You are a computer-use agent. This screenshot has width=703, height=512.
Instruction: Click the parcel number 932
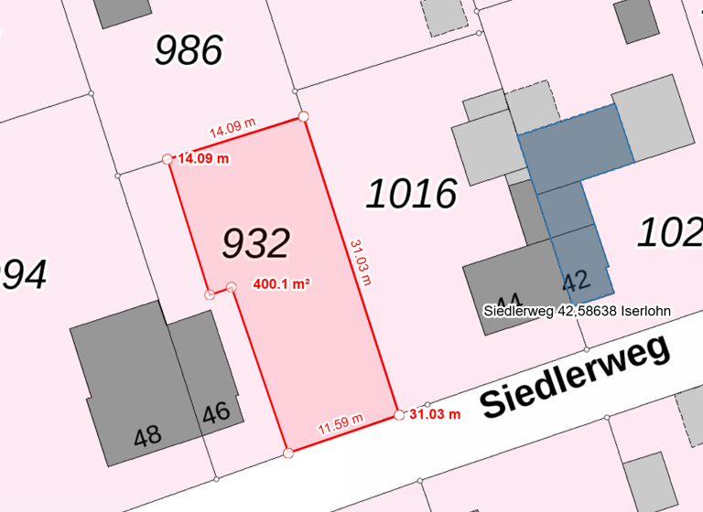pyautogui.click(x=256, y=243)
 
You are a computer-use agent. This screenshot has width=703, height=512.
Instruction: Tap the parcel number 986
pyautogui.click(x=189, y=50)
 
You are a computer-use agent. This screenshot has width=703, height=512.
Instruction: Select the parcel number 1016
pyautogui.click(x=412, y=194)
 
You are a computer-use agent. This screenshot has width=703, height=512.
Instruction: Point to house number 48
pyautogui.click(x=147, y=437)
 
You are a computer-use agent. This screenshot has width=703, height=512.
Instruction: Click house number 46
pyautogui.click(x=216, y=413)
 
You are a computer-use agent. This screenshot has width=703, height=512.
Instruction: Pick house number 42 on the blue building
pyautogui.click(x=575, y=281)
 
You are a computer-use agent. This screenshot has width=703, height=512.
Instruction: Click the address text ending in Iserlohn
pyautogui.click(x=577, y=311)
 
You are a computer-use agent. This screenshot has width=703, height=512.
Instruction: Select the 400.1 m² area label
pyautogui.click(x=281, y=284)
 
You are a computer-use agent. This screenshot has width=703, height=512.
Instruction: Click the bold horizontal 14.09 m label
pyautogui.click(x=203, y=158)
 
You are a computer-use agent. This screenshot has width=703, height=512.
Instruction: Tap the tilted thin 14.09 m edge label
pyautogui.click(x=233, y=129)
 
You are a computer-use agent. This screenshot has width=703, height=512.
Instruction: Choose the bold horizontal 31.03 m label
pyautogui.click(x=434, y=414)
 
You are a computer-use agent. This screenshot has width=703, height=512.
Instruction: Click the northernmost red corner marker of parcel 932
pyautogui.click(x=303, y=116)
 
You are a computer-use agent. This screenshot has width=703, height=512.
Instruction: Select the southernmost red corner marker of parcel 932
pyautogui.click(x=288, y=452)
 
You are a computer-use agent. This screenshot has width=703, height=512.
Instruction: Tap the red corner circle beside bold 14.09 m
pyautogui.click(x=168, y=159)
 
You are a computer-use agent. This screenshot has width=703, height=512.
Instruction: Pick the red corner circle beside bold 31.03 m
pyautogui.click(x=399, y=415)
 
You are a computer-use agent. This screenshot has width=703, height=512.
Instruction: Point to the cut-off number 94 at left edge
pyautogui.click(x=23, y=274)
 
